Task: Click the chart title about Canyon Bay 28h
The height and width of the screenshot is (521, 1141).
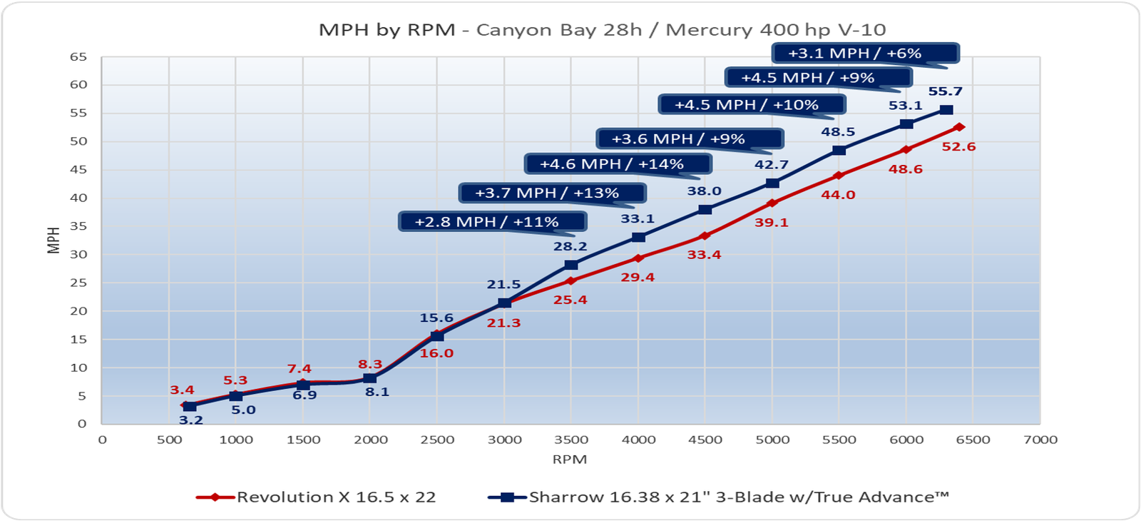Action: pos(602,30)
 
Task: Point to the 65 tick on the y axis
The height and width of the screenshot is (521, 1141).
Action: pos(78,57)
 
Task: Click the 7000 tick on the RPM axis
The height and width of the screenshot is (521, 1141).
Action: pos(1040,440)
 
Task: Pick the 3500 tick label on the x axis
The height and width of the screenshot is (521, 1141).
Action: pos(570,440)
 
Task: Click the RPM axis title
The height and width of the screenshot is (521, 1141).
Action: pos(569,460)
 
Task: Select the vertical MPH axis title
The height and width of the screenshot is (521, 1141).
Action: pos(53,241)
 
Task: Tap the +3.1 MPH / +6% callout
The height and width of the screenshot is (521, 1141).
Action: pos(864,54)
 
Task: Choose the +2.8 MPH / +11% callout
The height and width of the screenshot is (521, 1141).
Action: pos(491,222)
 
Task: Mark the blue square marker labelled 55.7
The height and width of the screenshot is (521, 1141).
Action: pos(946,110)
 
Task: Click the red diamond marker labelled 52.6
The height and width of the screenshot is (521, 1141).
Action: pos(959,127)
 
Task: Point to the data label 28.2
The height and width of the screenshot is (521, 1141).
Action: pos(570,247)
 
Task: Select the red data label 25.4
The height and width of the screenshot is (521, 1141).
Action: pos(570,300)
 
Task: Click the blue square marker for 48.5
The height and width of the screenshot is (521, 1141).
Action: pos(839,151)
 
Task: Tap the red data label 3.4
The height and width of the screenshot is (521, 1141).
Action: pos(182,390)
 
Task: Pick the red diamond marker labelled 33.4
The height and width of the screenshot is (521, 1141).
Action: pos(705,236)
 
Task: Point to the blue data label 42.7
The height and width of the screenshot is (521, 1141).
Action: pos(772,165)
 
